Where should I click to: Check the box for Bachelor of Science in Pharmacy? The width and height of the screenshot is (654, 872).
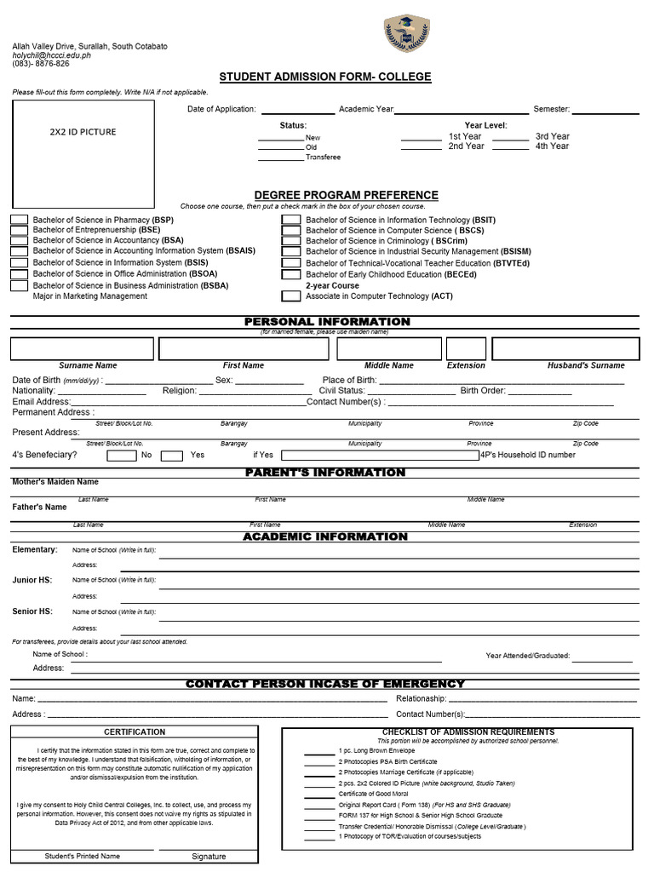19,220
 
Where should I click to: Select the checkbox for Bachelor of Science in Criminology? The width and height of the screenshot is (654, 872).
291,241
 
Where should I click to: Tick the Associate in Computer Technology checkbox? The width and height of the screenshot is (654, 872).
291,296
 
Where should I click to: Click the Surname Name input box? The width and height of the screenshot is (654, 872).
83,348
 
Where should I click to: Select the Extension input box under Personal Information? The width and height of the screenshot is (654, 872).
466,348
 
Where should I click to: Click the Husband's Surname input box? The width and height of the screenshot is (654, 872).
565,348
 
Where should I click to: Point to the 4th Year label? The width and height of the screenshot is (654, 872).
552,146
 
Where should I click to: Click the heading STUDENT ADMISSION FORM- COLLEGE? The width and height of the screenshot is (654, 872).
325,77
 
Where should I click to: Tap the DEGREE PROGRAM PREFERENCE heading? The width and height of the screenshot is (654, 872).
346,195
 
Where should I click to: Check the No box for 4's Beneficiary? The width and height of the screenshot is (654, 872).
122,456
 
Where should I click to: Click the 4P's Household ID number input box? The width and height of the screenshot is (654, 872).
380,456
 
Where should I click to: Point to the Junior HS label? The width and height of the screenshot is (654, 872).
32,580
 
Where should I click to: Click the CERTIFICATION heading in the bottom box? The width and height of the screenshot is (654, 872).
135,732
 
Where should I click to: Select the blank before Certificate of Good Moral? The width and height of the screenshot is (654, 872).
319,794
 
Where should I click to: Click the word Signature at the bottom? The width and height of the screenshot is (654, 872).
209,857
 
